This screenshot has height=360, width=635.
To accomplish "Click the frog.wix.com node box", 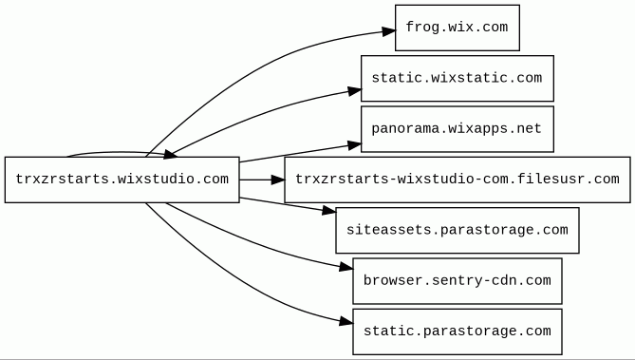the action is coord(458,28).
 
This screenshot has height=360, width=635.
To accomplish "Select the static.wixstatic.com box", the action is coord(458,78).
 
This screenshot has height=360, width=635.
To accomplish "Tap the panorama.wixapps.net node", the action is coord(458,129).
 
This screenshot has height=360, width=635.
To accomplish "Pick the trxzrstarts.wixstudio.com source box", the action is coord(121,180).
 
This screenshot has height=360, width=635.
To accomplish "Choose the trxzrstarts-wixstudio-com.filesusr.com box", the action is coord(458,180).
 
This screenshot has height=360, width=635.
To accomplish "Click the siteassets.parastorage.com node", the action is coord(458,230).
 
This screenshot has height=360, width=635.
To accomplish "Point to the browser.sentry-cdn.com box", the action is coord(458,281).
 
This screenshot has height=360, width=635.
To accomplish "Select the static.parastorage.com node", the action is coord(458,332).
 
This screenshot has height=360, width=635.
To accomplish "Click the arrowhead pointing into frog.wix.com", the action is coord(388,31).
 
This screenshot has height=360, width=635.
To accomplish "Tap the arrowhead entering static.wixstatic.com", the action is coord(354,91).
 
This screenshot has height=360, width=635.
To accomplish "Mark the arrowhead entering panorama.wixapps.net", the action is coord(354,145).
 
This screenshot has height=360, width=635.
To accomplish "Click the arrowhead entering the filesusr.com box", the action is coord(278,180).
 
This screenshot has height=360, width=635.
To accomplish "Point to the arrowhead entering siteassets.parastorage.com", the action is coord(328,210).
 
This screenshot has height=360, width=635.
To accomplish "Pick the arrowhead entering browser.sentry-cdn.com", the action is coord(346,267).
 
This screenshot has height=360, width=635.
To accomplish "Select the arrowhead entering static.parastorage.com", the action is coord(346,322).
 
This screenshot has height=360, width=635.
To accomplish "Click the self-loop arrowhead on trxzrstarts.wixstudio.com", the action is coord(170,155).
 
